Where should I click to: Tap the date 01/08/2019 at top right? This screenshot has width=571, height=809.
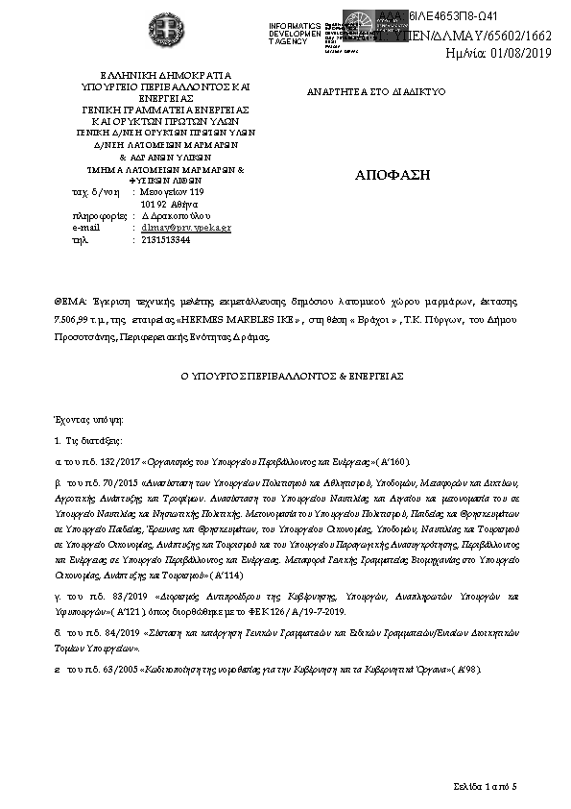pos(526,52)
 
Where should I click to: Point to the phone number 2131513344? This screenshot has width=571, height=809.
pos(165,239)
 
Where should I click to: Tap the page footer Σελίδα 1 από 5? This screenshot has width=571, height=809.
pos(486,787)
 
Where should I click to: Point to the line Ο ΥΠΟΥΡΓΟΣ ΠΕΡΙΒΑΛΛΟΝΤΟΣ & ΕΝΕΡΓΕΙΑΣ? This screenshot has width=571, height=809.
pos(284,375)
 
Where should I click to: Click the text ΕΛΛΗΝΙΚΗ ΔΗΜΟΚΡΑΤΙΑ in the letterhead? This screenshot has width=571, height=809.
pos(154,74)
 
